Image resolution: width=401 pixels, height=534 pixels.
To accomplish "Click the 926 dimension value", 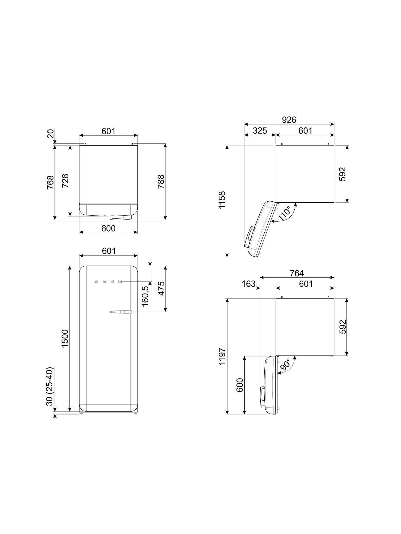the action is (x=289, y=120).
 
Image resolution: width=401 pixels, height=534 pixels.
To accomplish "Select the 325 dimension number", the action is (x=260, y=131).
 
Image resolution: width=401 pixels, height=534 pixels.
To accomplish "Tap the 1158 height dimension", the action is (x=222, y=200).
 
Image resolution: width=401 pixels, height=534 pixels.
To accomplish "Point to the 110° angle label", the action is (x=284, y=213).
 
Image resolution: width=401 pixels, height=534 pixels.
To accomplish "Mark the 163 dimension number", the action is (x=249, y=284).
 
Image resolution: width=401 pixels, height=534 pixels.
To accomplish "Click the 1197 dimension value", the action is (x=222, y=356).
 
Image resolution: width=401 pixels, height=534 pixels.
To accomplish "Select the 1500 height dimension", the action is (x=65, y=339).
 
